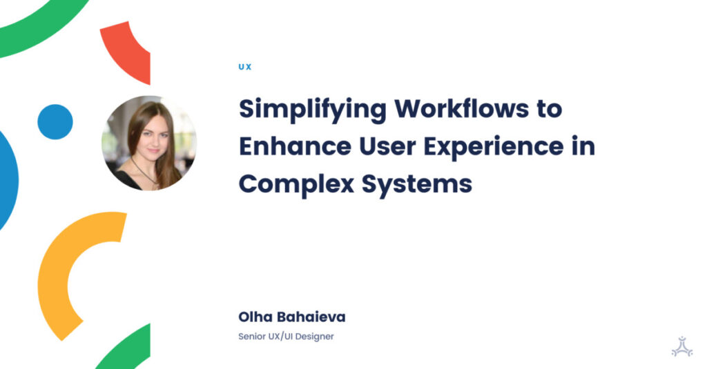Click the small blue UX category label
(x=244, y=67)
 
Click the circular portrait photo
(x=149, y=143)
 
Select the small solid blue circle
(x=55, y=122)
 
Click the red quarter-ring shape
(x=129, y=48)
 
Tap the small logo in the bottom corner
(x=681, y=346)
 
